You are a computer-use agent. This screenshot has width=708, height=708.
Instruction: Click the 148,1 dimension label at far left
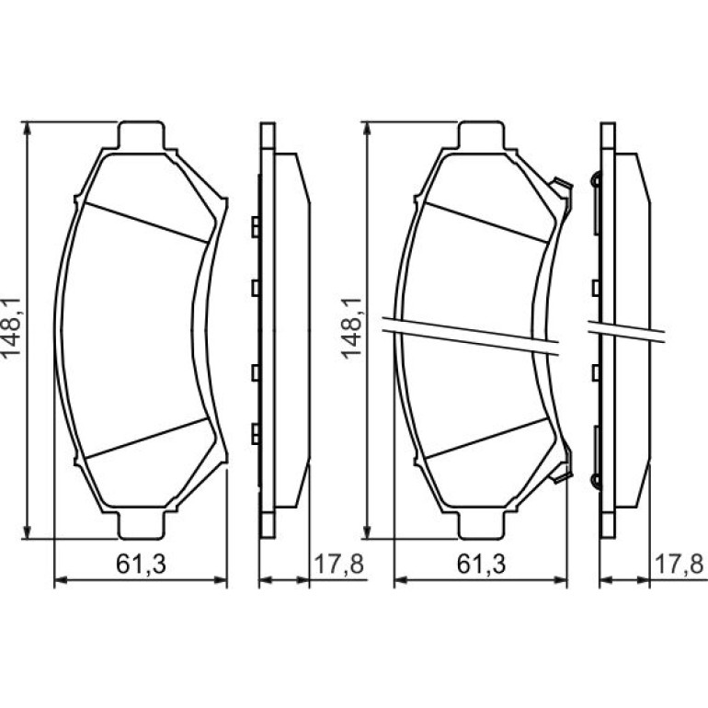11,328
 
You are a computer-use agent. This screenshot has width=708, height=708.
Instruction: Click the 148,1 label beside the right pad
352,328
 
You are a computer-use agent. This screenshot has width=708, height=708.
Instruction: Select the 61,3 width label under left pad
141,564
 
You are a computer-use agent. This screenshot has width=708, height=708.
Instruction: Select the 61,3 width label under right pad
481,564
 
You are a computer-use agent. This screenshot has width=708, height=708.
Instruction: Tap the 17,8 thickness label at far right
679,564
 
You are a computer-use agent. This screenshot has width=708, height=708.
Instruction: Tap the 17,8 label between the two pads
338,564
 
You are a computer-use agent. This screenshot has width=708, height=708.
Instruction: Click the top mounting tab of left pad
140,134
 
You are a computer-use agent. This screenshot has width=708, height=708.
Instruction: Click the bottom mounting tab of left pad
140,526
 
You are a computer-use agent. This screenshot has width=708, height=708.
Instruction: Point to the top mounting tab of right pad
480,134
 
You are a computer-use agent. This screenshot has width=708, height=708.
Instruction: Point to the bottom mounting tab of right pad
480,526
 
